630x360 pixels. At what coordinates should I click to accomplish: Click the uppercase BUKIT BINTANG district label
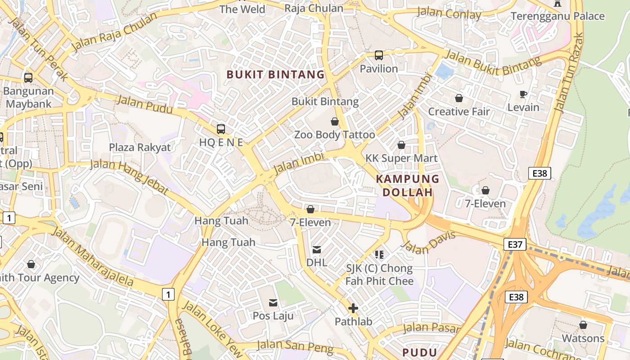tap(275, 75)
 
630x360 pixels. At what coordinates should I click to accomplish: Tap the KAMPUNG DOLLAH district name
tap(408, 185)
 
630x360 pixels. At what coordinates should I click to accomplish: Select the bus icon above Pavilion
tap(379, 55)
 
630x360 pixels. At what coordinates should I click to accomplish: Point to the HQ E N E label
tap(221, 143)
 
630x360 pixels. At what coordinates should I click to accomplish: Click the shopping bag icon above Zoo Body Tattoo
tap(335, 121)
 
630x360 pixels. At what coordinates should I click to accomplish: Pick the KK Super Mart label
tap(401, 158)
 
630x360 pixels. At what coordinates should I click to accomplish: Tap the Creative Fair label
tap(459, 112)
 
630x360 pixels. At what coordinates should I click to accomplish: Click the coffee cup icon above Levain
tap(523, 94)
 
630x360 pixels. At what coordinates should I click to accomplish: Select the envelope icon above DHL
tap(317, 249)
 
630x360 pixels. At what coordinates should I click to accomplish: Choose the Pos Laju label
tap(273, 316)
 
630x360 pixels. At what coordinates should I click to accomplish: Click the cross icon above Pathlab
tap(353, 308)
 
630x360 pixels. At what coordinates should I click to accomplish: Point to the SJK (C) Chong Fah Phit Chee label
tap(379, 275)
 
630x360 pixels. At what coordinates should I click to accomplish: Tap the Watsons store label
tap(583, 338)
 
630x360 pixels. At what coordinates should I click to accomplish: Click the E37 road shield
tap(515, 244)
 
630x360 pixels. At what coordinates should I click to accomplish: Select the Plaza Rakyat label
tap(140, 148)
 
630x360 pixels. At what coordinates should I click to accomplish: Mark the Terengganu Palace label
tap(558, 16)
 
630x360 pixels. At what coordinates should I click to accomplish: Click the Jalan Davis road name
tap(428, 243)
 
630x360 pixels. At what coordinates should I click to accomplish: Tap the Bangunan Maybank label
tap(28, 97)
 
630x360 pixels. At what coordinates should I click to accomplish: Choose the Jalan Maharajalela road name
tap(93, 257)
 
